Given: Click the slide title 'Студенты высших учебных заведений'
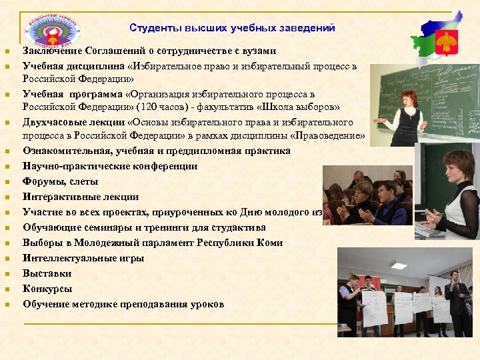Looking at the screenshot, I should coord(232,28).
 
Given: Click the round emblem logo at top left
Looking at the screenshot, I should coord(51,27).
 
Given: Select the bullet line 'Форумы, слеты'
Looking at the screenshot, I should coord(60,181).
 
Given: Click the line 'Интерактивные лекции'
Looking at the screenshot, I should coord(81,197).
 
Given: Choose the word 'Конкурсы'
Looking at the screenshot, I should coord(47,289).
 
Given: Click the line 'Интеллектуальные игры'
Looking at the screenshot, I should coord(83,258).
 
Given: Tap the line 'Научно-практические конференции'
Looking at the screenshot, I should coord(110,166).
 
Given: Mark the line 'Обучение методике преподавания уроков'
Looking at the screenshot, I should coord(123,304).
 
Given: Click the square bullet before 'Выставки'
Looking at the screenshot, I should coord(6,274).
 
